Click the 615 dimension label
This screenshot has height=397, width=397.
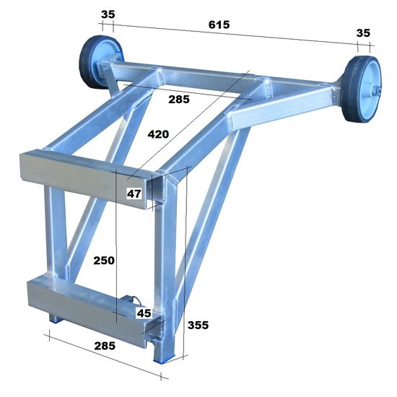click(x=219, y=24)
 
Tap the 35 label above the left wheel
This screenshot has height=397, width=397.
click(x=108, y=14)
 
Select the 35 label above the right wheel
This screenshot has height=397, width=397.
click(x=363, y=32)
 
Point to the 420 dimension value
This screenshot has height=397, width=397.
click(x=160, y=134)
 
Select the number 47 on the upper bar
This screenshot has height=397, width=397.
click(x=134, y=193)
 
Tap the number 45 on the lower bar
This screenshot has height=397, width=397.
click(x=144, y=313)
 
